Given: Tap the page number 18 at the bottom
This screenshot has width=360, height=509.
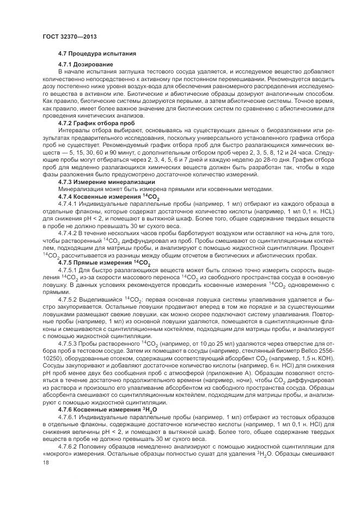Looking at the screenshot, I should pos(45,462).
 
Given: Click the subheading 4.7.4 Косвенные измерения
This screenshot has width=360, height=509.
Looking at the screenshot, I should pos(101,195).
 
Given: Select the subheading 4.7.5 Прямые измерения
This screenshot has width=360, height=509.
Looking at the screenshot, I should pos(99,263).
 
